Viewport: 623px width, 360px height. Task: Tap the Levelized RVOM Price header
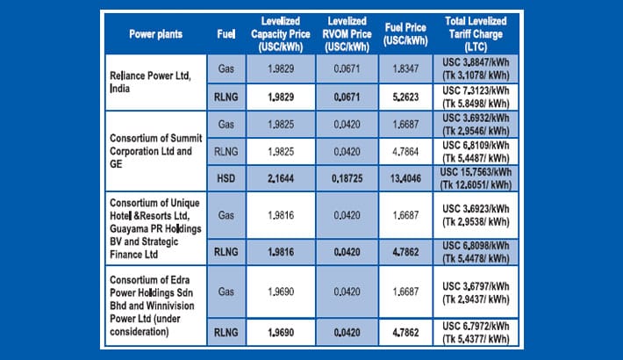pos(346,33)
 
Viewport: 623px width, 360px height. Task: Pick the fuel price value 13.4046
pos(405,177)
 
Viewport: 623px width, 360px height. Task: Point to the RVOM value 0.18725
pos(346,177)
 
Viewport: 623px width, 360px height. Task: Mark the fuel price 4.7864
pos(405,150)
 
